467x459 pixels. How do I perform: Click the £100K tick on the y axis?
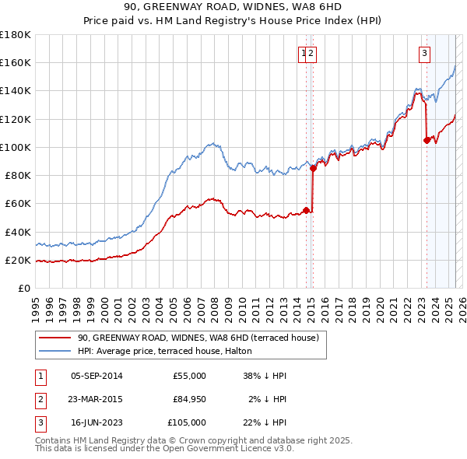click(16, 147)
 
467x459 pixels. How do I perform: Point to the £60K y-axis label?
click(18, 203)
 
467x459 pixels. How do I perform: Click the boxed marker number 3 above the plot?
click(424, 53)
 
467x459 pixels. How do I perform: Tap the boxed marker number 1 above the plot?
click(303, 53)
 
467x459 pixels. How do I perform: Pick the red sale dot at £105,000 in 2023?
click(427, 140)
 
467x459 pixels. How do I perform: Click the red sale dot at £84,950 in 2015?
click(313, 168)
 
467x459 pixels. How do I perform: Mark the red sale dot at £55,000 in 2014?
click(306, 210)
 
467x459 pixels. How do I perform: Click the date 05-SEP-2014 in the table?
click(96, 376)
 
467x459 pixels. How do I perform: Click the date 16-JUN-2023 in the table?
click(96, 422)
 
